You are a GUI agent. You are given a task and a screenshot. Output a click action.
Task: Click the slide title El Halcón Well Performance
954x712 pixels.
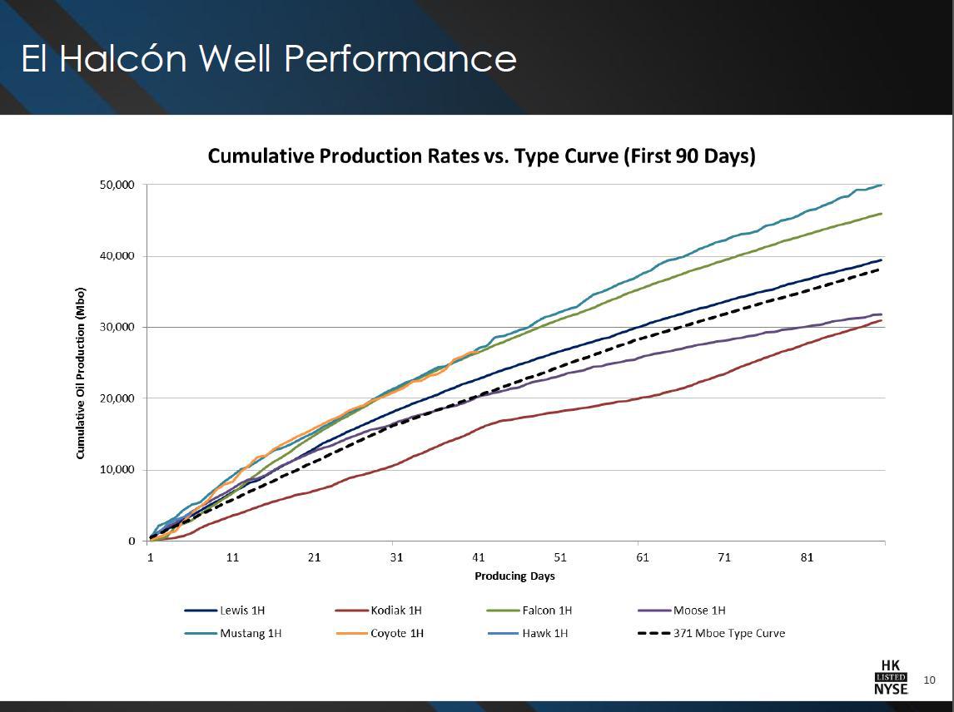point(269,59)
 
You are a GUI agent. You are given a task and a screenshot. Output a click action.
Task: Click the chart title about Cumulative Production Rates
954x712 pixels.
point(481,156)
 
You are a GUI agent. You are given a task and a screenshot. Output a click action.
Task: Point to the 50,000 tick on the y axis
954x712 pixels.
point(117,185)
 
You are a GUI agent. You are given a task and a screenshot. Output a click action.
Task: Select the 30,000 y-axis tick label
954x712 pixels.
point(117,327)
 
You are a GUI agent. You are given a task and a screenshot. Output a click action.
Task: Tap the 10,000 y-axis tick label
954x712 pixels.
point(117,470)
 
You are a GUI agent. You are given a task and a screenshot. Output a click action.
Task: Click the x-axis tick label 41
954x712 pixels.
point(478,557)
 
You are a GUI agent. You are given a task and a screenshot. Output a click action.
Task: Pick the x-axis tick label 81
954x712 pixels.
point(806,557)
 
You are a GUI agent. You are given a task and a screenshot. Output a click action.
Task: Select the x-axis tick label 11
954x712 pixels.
point(232,557)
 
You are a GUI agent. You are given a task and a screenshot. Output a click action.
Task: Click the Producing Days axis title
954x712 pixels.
point(514,576)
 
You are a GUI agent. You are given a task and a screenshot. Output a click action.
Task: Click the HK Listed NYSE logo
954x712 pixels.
point(891,677)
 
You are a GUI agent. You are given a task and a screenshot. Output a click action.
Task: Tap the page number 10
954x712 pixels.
point(930,680)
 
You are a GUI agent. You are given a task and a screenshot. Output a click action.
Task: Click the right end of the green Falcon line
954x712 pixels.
point(881,214)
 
